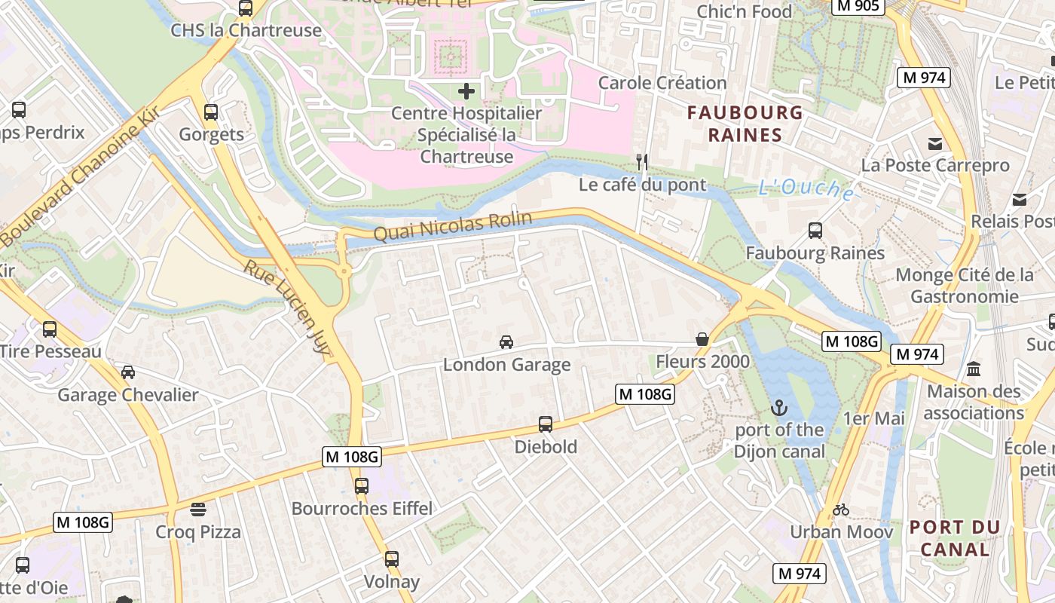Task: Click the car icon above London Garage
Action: [506, 342]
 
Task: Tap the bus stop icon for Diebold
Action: [546, 424]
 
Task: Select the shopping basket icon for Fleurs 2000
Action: [702, 339]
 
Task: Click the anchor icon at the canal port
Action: [779, 409]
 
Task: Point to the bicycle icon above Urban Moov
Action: [841, 510]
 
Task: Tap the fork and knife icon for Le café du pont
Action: [642, 161]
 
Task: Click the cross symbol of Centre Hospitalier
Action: [466, 91]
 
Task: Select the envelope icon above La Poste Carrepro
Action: [935, 143]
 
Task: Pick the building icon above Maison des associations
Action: [974, 369]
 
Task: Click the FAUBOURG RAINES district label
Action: [745, 124]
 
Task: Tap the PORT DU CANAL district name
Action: [954, 538]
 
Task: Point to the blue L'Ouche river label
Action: [806, 188]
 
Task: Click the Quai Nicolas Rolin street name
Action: [453, 227]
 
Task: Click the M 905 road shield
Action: [858, 6]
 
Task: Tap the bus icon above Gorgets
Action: [211, 112]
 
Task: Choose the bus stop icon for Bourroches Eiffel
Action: [362, 486]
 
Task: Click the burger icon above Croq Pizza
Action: [198, 510]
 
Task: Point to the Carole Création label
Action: [662, 82]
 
